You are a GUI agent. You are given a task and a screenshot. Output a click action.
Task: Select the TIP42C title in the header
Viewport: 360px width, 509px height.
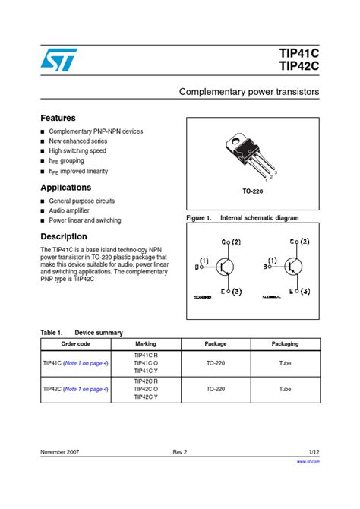pos(300,68)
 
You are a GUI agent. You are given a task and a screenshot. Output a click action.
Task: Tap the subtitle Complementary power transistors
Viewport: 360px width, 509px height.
pos(248,92)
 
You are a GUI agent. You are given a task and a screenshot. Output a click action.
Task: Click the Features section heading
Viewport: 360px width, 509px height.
pos(58,119)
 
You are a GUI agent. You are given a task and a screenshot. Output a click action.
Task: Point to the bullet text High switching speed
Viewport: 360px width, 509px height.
pos(77,150)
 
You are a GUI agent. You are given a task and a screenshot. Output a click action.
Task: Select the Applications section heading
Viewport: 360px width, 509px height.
pos(65,188)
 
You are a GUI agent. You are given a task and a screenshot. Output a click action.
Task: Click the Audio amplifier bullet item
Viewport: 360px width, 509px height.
pos(69,210)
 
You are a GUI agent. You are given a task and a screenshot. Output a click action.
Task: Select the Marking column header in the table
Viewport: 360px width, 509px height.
pos(146,344)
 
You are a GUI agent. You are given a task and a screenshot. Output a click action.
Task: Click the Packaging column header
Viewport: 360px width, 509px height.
pos(285,344)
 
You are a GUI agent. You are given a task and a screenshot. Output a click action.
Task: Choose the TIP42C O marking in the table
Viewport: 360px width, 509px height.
pos(146,389)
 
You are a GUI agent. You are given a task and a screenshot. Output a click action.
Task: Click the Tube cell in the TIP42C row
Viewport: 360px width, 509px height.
pos(285,389)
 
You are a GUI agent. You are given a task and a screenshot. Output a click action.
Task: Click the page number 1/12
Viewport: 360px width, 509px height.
pos(314,452)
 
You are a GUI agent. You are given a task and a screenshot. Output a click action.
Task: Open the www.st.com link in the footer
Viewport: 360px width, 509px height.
pos(307,461)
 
